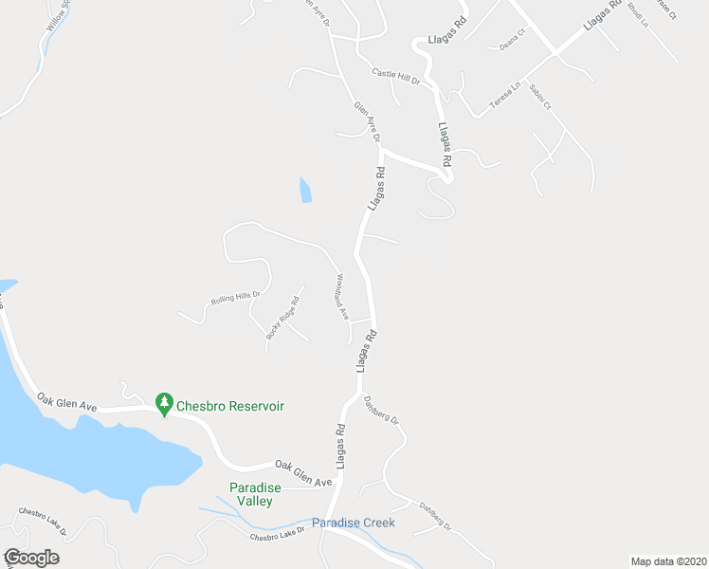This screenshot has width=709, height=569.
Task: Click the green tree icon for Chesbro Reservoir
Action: tap(164, 404)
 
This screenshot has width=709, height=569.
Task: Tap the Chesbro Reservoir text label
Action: tap(231, 406)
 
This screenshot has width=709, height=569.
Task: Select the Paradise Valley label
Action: tap(255, 494)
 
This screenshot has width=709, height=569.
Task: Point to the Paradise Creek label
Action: tap(353, 523)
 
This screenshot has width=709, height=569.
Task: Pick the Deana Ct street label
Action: tap(512, 45)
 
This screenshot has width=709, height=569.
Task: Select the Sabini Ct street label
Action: tap(539, 98)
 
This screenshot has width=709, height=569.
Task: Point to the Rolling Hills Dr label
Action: tap(235, 300)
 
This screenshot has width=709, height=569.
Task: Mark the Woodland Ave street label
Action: tap(340, 297)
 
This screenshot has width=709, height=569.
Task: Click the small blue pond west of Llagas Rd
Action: tap(305, 190)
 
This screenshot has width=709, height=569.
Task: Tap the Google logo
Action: tap(30, 558)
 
